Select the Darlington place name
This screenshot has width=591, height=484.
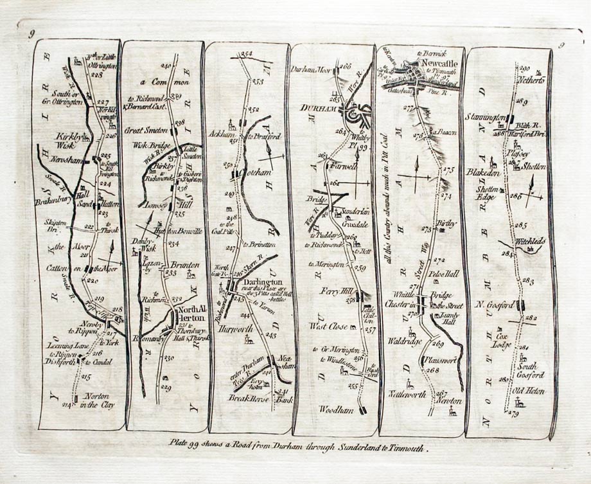[261, 282]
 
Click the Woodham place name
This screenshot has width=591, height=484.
[335, 408]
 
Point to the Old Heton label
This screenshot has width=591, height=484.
[527, 390]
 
